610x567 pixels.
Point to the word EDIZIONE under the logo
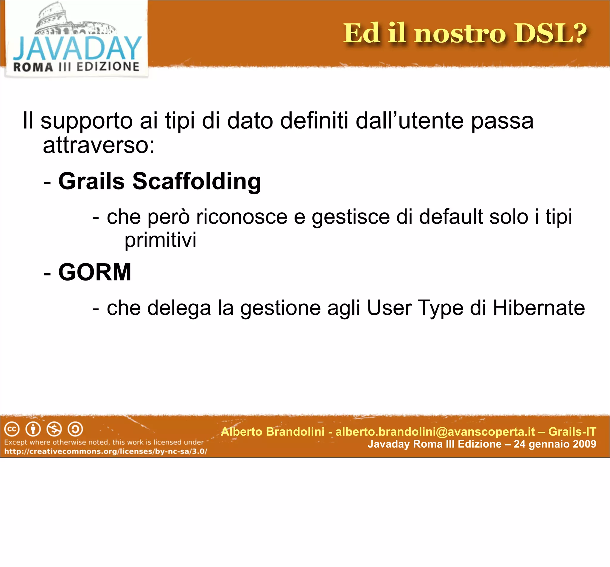[108, 67]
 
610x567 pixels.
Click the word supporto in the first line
[87, 121]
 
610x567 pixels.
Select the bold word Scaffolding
[197, 181]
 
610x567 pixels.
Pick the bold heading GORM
[95, 272]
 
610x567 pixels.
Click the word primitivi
[160, 240]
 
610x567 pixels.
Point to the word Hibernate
[539, 308]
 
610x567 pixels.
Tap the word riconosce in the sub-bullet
[242, 217]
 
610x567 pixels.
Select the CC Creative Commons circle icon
[12, 429]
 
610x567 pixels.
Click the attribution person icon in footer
[33, 429]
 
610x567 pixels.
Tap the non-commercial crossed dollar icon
[54, 429]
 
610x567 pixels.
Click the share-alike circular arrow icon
[75, 429]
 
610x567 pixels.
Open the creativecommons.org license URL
[105, 451]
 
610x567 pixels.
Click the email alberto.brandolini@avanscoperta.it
[435, 432]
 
